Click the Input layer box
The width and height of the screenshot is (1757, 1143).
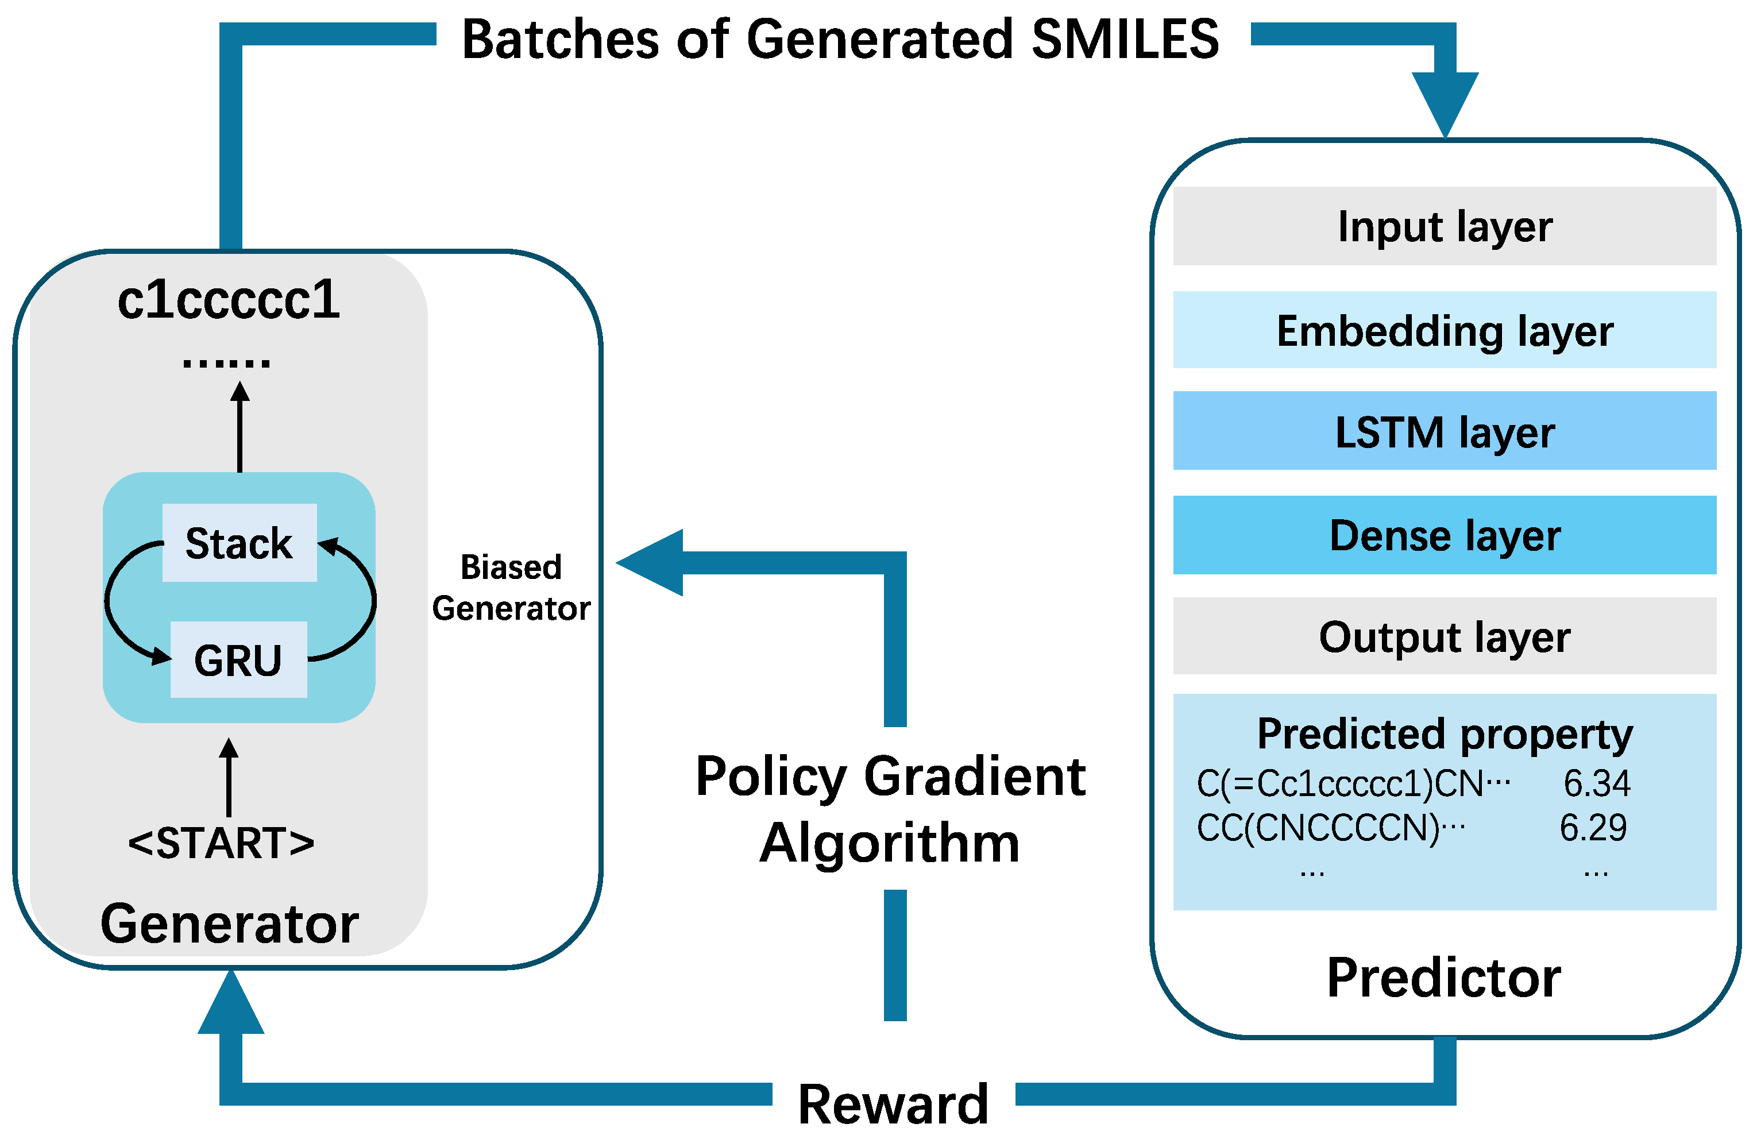[1444, 226]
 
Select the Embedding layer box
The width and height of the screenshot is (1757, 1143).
[1444, 330]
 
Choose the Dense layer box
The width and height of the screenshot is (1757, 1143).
[1444, 535]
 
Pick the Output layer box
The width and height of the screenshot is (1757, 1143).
[1444, 636]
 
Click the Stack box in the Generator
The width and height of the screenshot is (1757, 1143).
[239, 543]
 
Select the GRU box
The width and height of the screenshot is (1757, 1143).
[238, 659]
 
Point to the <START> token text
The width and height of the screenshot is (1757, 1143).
[222, 843]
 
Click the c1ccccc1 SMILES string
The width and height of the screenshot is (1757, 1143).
[229, 300]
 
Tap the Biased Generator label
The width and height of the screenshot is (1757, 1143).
[511, 588]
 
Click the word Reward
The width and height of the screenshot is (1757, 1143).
[893, 1105]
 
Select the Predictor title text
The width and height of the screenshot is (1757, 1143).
[1444, 978]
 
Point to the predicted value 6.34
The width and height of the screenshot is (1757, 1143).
[1596, 783]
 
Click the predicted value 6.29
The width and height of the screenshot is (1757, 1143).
[1593, 827]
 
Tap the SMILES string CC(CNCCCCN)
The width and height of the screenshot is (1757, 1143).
[1318, 828]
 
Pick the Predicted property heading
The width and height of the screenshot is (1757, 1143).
[1444, 734]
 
